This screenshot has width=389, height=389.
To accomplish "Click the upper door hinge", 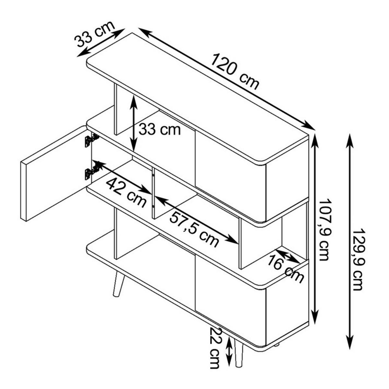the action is click(x=91, y=140).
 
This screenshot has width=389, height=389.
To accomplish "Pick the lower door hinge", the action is click(x=91, y=172).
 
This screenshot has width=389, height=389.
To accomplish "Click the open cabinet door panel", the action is click(x=54, y=173).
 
